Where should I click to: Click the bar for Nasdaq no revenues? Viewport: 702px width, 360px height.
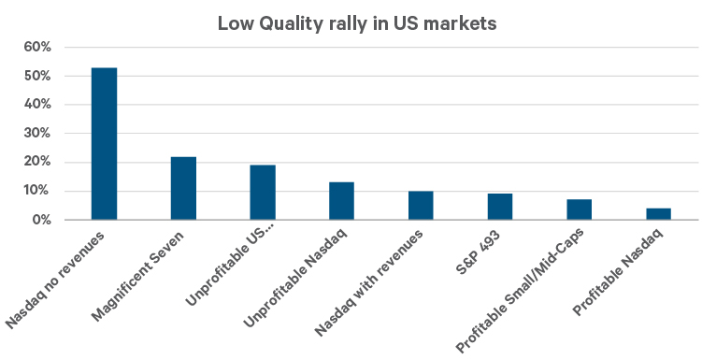point(104,144)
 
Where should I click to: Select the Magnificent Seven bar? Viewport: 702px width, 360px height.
point(183,188)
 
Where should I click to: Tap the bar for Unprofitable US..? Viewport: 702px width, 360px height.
point(263,193)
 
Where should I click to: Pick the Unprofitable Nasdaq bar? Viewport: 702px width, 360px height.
point(342,201)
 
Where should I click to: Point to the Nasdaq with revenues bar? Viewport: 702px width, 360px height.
point(421,206)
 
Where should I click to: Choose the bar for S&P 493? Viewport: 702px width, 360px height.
point(500,207)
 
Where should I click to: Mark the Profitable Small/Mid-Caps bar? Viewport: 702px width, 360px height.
point(580,209)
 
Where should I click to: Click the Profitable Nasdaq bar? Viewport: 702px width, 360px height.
point(659,214)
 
